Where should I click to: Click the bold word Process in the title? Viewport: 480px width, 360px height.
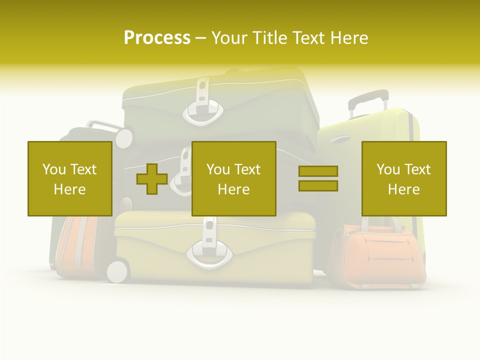(157, 38)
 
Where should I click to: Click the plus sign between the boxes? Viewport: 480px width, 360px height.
(152, 179)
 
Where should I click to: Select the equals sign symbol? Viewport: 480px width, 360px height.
(318, 178)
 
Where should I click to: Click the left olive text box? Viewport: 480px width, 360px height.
(69, 178)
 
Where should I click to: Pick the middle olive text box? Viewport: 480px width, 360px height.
(233, 178)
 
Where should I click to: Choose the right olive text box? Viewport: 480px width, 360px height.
(404, 178)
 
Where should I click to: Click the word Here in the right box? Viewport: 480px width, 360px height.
(403, 189)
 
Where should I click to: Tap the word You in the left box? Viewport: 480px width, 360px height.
(53, 169)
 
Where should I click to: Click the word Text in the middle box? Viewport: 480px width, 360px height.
(247, 169)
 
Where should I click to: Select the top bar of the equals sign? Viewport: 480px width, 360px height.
(318, 171)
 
